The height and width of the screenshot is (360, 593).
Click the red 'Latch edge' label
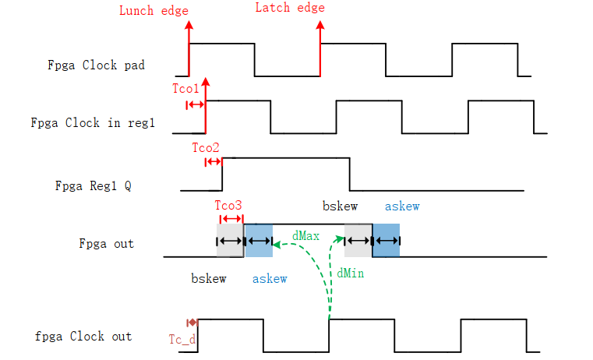tap(290, 8)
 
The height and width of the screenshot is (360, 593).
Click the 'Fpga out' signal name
tap(106, 243)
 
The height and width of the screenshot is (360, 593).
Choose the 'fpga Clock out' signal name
tap(83, 337)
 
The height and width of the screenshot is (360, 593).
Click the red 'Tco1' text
tap(186, 89)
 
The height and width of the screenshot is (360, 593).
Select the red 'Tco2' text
tap(206, 146)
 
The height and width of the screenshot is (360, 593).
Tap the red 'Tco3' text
tap(228, 206)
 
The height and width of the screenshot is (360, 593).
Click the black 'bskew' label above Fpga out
tap(340, 206)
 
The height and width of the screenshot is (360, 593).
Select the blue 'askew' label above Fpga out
tap(402, 206)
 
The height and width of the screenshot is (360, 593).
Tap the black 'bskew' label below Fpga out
tap(208, 278)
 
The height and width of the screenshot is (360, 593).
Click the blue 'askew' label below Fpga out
tap(270, 278)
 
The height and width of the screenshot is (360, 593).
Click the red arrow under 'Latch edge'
tap(319, 47)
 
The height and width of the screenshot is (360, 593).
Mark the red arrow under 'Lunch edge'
tap(189, 47)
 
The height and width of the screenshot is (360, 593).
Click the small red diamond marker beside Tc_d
tap(192, 322)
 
